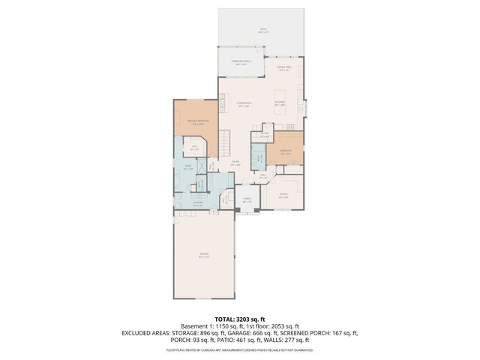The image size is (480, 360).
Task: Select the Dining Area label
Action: click(x=283, y=69)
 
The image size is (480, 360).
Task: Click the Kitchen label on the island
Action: click(x=279, y=104)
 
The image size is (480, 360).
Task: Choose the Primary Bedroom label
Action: click(x=199, y=122)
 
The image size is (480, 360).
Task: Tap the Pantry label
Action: click(x=264, y=136)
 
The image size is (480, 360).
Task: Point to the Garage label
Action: click(x=204, y=256)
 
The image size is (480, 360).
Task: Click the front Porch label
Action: click(x=247, y=200)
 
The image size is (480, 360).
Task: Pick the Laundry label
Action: click(x=199, y=203)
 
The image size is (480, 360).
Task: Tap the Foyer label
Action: click(x=235, y=163)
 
